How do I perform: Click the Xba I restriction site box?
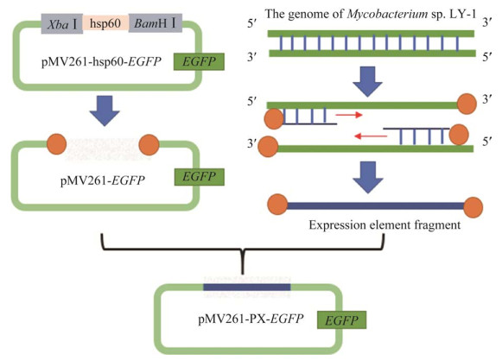pyautogui.click(x=62, y=23)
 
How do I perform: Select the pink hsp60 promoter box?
pyautogui.click(x=105, y=23)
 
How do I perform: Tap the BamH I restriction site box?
pyautogui.click(x=156, y=23)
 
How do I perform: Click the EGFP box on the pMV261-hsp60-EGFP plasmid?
pyautogui.click(x=199, y=61)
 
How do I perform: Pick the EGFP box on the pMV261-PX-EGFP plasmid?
pyautogui.click(x=341, y=320)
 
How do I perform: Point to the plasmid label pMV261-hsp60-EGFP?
pyautogui.click(x=101, y=61)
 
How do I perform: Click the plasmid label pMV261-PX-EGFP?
pyautogui.click(x=251, y=319)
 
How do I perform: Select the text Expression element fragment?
pyautogui.click(x=384, y=224)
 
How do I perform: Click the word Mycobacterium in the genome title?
pyautogui.click(x=387, y=14)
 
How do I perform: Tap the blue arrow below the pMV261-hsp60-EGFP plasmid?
pyautogui.click(x=105, y=111)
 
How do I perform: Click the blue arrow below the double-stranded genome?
pyautogui.click(x=367, y=82)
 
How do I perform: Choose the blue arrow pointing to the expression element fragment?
pyautogui.click(x=368, y=177)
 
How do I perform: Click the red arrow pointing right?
pyautogui.click(x=349, y=115)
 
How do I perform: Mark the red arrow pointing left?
pyautogui.click(x=371, y=136)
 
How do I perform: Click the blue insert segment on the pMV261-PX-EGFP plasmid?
pyautogui.click(x=247, y=287)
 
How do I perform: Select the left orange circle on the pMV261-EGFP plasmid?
pyautogui.click(x=57, y=144)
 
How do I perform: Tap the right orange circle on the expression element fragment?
pyautogui.click(x=473, y=207)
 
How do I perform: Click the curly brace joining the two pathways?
pyautogui.click(x=242, y=254)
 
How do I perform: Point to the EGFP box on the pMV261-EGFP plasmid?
pyautogui.click(x=199, y=177)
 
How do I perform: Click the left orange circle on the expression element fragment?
pyautogui.click(x=277, y=205)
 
